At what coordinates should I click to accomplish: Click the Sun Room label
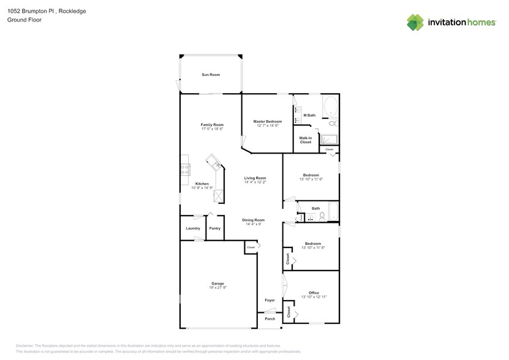pos(211,75)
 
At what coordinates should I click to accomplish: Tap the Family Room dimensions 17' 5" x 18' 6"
pos(212,129)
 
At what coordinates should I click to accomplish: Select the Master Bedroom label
pos(267,121)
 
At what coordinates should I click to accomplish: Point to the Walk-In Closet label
pos(306,140)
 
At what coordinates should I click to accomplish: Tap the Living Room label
pos(255,178)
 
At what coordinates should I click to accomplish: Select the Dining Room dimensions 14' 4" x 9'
pos(253,224)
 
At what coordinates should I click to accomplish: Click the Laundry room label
pos(193,228)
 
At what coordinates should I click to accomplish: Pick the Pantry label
pos(214,228)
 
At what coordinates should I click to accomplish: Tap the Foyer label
pos(270,300)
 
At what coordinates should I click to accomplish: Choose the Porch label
pos(270,319)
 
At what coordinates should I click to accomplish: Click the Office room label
pos(313,293)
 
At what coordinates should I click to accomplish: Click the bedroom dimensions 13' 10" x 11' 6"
pos(311,179)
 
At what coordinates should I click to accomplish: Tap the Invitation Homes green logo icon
pos(415,22)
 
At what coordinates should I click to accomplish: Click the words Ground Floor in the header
pos(20,20)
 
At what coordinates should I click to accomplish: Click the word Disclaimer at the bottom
pos(26,346)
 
